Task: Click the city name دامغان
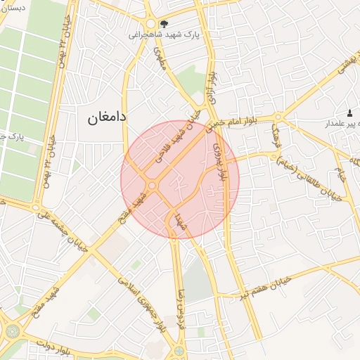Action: pos(107,117)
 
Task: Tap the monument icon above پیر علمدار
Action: pos(349,113)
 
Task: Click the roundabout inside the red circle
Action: pos(152,186)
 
